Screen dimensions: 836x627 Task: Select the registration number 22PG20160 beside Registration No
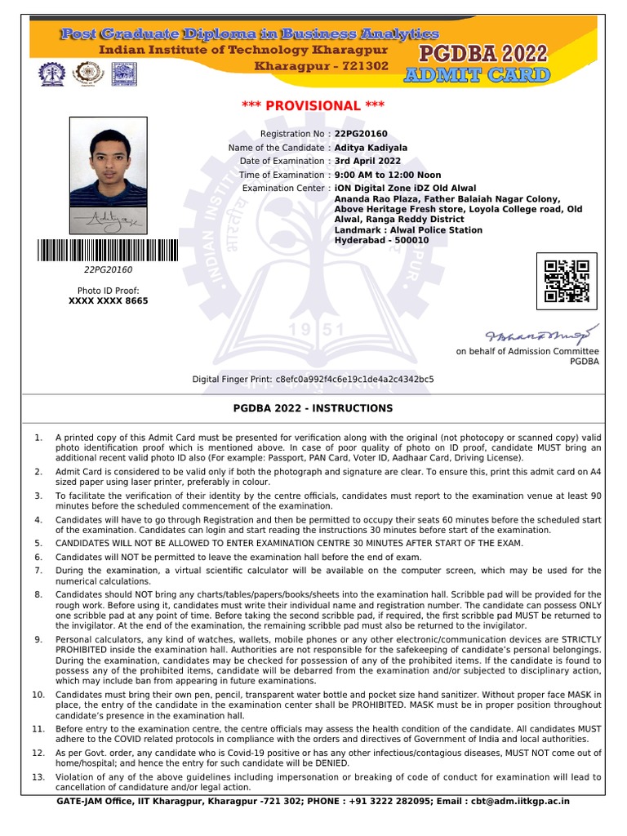[x=361, y=134]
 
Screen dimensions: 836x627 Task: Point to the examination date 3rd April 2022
[x=367, y=162]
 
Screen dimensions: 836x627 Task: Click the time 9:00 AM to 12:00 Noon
[x=387, y=175]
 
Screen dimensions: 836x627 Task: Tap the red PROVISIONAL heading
[x=313, y=106]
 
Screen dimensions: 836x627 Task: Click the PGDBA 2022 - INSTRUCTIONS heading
[x=313, y=408]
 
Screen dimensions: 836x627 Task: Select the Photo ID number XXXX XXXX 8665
[x=109, y=301]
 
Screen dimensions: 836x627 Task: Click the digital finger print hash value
[x=355, y=380]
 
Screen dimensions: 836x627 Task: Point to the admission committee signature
[x=542, y=334]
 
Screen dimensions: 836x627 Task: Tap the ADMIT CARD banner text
[x=477, y=76]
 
